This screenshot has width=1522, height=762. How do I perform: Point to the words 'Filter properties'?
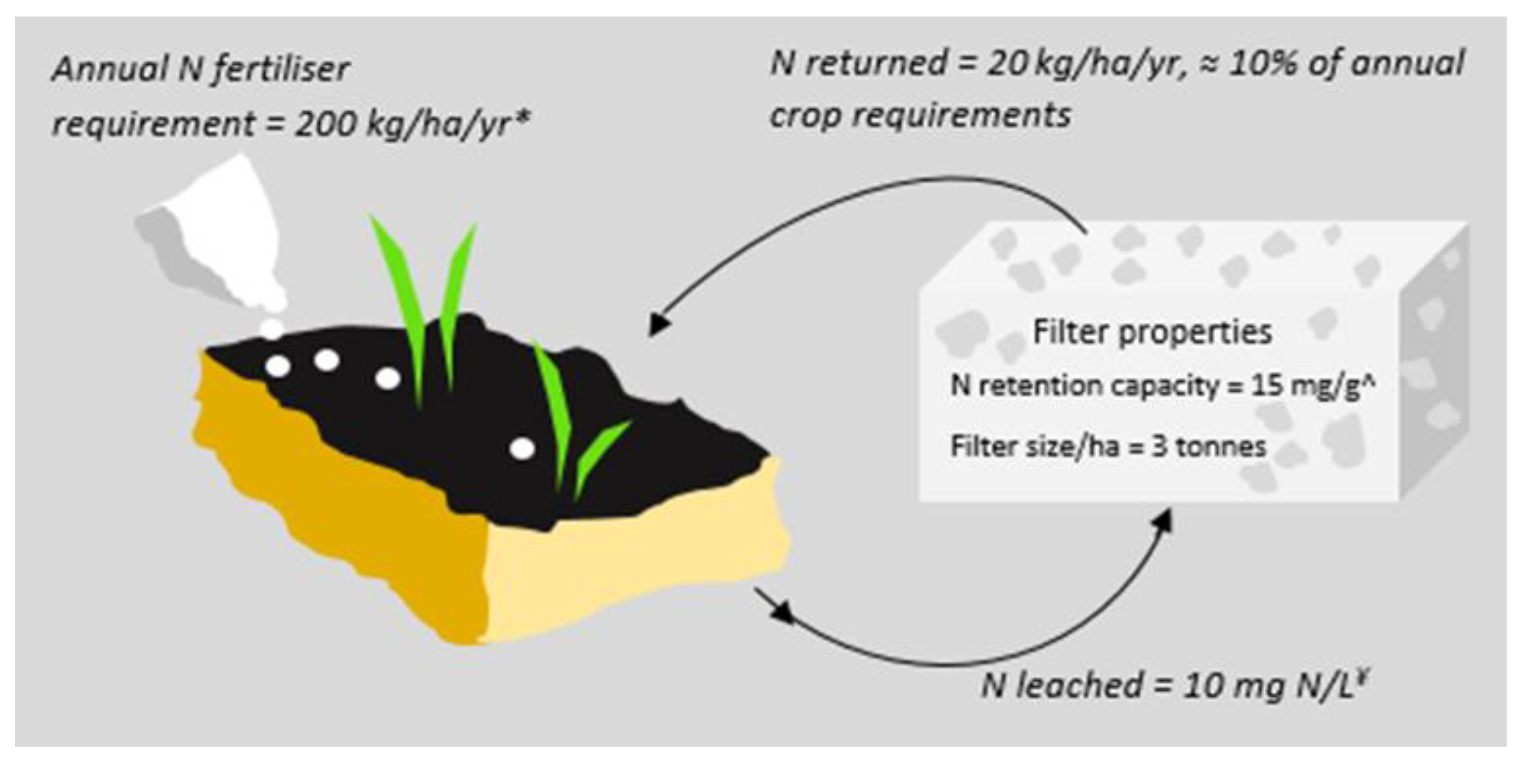coord(1152,332)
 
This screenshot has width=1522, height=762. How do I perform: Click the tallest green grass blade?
coord(402,295)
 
